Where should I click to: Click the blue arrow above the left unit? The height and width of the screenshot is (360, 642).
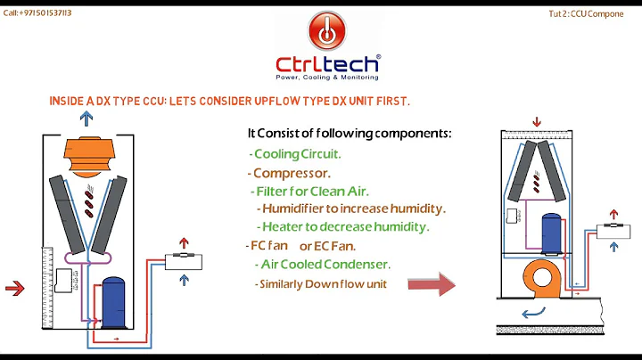pos(86,119)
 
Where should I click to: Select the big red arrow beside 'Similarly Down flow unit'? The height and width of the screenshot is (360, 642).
pos(432,284)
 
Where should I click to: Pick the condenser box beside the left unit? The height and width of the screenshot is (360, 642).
pos(181,261)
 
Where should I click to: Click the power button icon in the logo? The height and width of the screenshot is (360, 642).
pos(328,31)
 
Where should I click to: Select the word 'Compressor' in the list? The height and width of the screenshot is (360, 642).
pos(292,173)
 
